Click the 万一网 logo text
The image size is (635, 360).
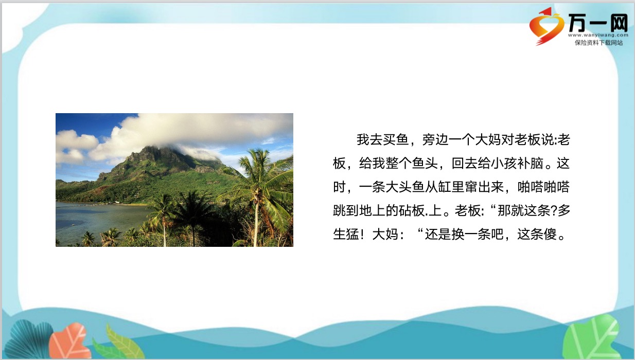pos(598,23)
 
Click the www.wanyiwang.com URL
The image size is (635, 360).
pos(598,35)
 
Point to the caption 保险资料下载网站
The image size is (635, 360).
pos(598,43)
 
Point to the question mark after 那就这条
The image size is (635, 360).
pos(554,211)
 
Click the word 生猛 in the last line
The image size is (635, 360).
pos(346,234)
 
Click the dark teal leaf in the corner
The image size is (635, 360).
pos(28,339)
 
